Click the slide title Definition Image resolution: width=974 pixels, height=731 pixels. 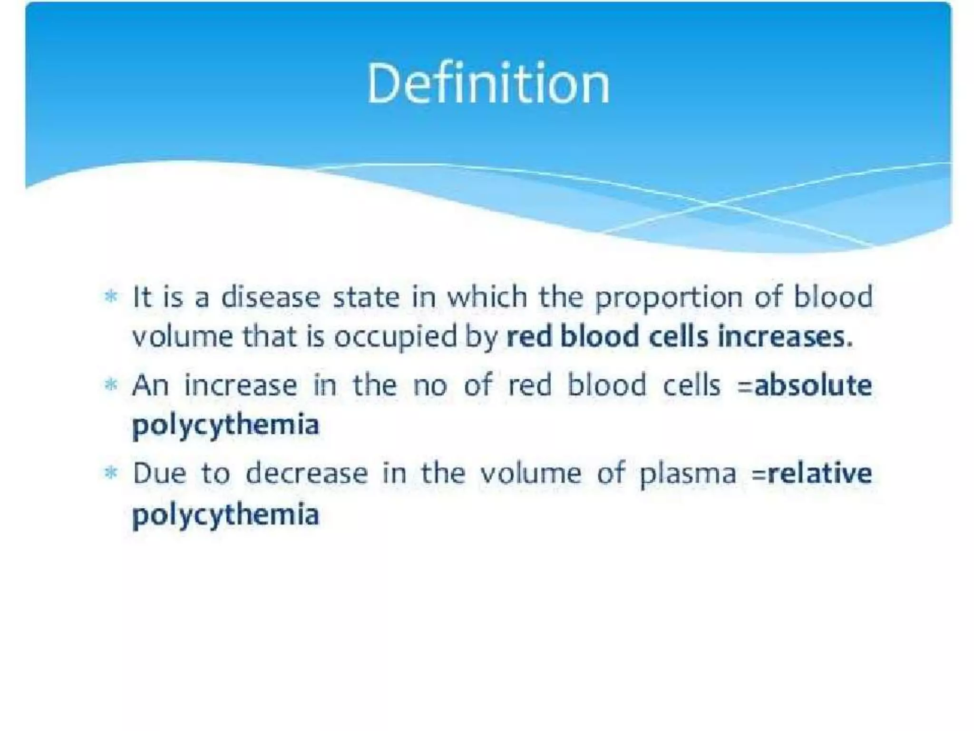[488, 84]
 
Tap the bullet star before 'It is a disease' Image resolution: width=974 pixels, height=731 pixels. [111, 297]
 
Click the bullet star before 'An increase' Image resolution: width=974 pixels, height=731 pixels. [111, 385]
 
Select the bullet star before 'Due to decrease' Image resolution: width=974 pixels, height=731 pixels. [111, 473]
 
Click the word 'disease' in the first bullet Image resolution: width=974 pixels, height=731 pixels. [271, 297]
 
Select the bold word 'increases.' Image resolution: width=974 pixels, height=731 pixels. [785, 336]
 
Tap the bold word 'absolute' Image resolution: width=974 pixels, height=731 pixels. [813, 385]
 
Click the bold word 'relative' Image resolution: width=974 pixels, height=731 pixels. [820, 473]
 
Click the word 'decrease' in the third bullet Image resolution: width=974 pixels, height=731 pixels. [307, 473]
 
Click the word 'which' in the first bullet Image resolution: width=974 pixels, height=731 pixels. [487, 297]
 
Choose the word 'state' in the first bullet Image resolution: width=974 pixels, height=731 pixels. [366, 297]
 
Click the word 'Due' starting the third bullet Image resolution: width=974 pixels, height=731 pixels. [159, 473]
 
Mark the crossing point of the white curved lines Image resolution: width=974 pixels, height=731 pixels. [712, 204]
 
